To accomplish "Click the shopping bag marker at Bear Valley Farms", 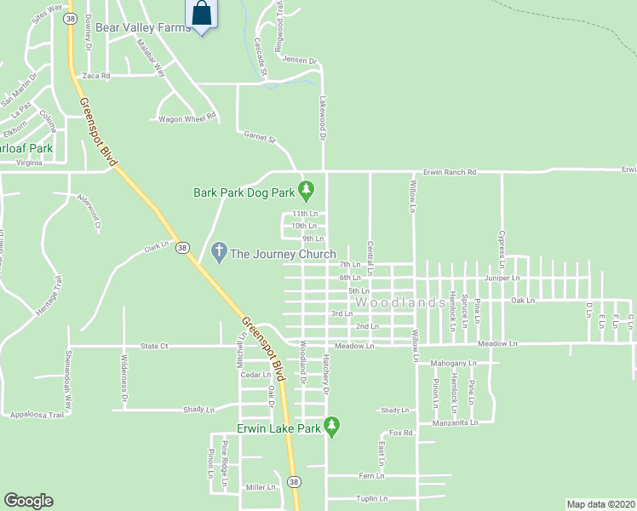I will (201, 14).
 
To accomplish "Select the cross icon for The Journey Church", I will (218, 252).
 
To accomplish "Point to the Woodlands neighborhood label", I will (399, 303).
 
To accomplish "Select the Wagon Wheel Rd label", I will (188, 118).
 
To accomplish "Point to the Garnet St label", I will (260, 136).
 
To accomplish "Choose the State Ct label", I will (154, 346).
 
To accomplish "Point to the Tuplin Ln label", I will (372, 498).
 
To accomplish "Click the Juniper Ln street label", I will (502, 278).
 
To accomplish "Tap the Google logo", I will (28, 501).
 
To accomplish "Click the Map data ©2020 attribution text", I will (600, 504).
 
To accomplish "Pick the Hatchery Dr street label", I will (326, 374).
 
